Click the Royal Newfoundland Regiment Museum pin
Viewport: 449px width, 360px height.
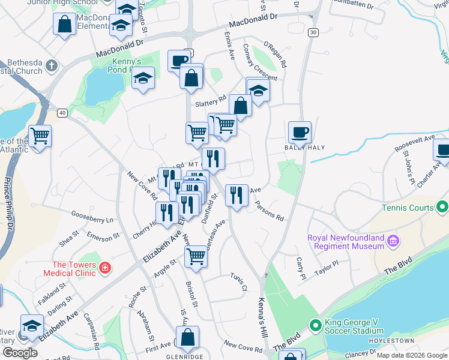(393, 241)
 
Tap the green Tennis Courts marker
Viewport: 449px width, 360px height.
(443, 208)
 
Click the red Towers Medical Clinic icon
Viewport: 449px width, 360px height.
(104, 268)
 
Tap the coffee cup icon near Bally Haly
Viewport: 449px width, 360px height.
(300, 131)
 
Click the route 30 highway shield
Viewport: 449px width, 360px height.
(313, 32)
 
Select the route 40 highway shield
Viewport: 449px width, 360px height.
(62, 112)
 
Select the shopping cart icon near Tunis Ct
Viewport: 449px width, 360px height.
(196, 256)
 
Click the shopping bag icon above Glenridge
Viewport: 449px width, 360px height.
(187, 338)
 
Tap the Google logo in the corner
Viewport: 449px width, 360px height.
(20, 352)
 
